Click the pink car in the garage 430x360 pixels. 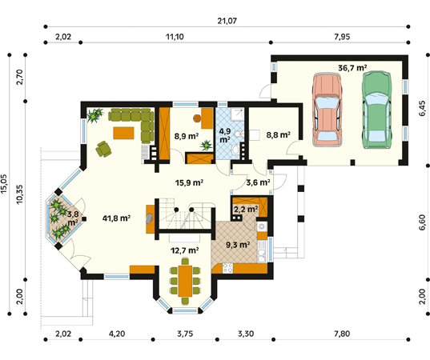tap(328, 110)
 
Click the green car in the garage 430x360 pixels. tap(377, 110)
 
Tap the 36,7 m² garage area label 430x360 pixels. tap(352, 67)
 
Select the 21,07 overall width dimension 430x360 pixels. tap(227, 21)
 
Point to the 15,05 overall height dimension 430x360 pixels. tap(4, 184)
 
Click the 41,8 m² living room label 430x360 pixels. tap(116, 218)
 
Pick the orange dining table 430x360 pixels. tap(185, 281)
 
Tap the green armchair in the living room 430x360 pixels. tap(103, 149)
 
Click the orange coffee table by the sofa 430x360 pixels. tap(123, 133)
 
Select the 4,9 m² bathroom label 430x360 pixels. tap(225, 135)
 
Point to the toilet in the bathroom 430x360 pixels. tap(238, 134)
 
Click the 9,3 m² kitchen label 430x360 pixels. tap(238, 245)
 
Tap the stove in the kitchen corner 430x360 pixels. tap(227, 268)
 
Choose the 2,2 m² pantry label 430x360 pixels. tap(246, 210)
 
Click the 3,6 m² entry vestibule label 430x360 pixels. tap(258, 182)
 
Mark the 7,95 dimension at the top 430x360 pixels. tap(342, 37)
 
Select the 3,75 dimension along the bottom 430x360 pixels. tap(185, 334)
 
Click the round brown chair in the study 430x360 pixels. tap(197, 118)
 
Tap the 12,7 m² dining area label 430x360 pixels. tap(185, 250)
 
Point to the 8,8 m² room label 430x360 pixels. tap(279, 134)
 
